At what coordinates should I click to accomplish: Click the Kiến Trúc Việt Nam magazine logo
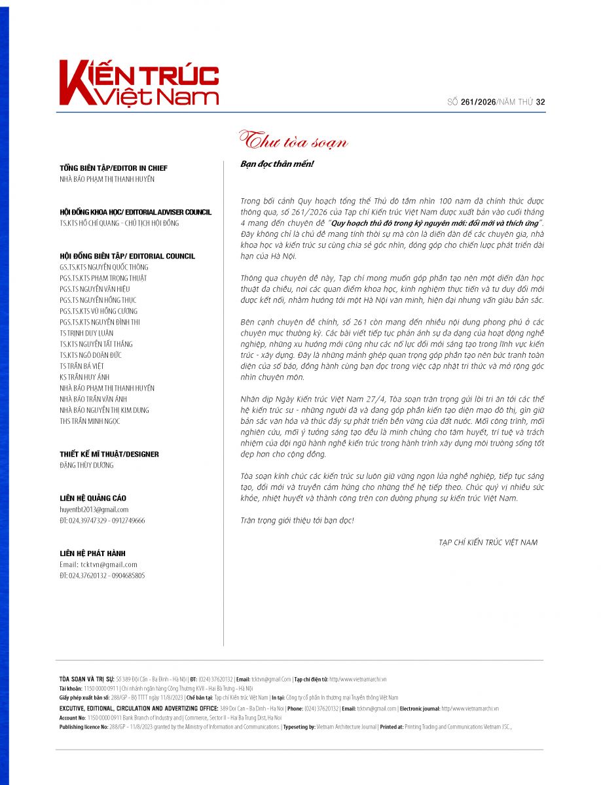pyautogui.click(x=138, y=83)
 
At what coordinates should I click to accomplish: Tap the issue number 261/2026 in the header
pyautogui.click(x=478, y=101)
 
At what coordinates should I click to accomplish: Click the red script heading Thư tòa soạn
pyautogui.click(x=293, y=141)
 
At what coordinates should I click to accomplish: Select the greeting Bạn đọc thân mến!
pyautogui.click(x=278, y=164)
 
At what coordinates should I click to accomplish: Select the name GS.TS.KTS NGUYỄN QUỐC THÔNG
pyautogui.click(x=103, y=267)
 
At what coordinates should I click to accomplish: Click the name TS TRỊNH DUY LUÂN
pyautogui.click(x=86, y=333)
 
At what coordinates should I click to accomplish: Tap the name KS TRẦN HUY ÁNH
pyautogui.click(x=84, y=377)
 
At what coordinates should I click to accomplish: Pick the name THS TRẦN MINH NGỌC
pyautogui.click(x=90, y=421)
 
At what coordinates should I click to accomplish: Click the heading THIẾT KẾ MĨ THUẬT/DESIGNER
pyautogui.click(x=109, y=454)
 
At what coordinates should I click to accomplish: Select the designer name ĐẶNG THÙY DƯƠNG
pyautogui.click(x=86, y=465)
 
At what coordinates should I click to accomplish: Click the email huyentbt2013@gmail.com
pyautogui.click(x=94, y=510)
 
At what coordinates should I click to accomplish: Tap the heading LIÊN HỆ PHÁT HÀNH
pyautogui.click(x=92, y=553)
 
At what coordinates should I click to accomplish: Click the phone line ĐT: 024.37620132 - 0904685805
pyautogui.click(x=102, y=576)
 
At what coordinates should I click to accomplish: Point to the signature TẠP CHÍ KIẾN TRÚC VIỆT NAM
pyautogui.click(x=488, y=542)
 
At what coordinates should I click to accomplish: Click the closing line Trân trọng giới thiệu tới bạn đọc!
pyautogui.click(x=297, y=520)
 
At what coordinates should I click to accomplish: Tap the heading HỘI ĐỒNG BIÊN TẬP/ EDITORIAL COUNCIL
pyautogui.click(x=127, y=256)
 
